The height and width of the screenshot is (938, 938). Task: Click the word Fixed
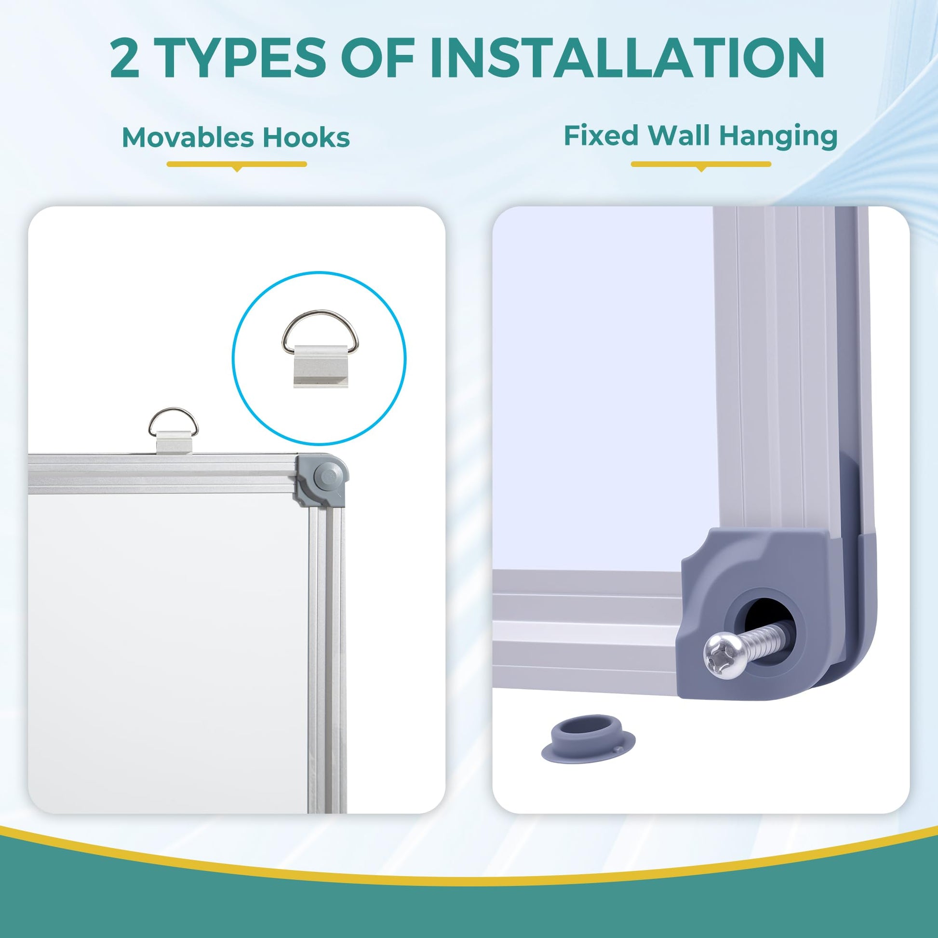601,135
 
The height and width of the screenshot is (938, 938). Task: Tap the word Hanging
778,137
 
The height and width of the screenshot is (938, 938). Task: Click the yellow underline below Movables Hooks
237,164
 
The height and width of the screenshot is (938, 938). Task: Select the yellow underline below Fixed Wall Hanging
701,164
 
